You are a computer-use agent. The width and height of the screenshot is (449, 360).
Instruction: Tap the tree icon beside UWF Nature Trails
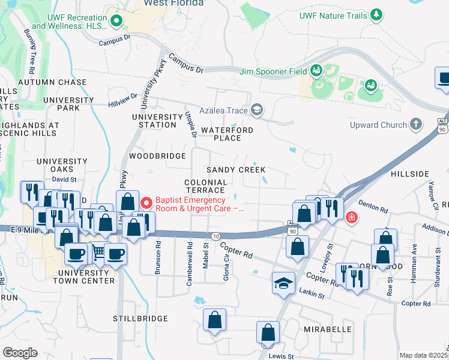(x=376, y=14)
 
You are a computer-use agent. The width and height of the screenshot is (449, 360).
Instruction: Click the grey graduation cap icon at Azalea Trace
(x=256, y=109)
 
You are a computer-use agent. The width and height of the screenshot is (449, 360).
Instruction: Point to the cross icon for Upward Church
(x=415, y=124)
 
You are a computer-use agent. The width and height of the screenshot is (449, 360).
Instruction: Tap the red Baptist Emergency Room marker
(x=145, y=204)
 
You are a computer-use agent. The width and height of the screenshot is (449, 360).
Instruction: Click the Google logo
(x=20, y=353)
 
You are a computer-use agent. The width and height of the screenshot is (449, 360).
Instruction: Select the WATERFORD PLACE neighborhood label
(x=227, y=134)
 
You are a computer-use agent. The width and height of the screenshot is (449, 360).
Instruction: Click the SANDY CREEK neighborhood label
(x=236, y=170)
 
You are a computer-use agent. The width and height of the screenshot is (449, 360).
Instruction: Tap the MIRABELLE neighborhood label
(x=327, y=329)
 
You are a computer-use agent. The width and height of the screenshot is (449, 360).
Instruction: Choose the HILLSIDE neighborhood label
(x=410, y=173)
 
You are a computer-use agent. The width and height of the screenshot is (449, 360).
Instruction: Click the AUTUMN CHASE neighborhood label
(x=44, y=82)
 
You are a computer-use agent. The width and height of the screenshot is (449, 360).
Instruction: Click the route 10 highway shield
(x=216, y=236)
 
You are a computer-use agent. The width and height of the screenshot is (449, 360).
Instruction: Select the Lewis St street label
(x=281, y=356)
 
